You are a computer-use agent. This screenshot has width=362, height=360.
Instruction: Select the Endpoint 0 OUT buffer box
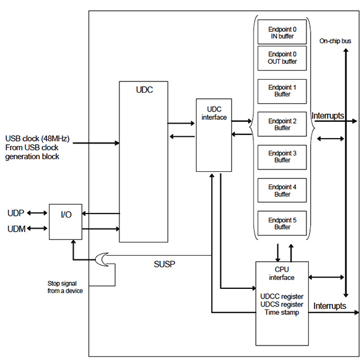pos(282,57)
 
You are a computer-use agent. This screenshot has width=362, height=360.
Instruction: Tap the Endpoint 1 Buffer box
pos(282,91)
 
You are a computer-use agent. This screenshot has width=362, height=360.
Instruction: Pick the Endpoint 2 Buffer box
pos(282,124)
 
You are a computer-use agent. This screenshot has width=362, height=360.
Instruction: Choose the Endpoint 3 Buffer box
pos(282,157)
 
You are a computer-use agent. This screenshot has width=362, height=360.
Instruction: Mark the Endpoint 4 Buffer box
pos(282,191)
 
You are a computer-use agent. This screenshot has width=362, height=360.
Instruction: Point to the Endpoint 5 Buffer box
pos(282,223)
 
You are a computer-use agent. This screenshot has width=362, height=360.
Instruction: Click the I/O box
pos(65,221)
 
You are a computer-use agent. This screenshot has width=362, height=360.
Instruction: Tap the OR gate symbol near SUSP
pos(102,259)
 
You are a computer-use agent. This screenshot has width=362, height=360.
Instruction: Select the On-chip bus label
pos(335,41)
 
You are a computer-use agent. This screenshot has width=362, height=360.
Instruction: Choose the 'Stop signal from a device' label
pos(65,287)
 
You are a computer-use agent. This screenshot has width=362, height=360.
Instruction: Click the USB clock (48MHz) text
pos(37,138)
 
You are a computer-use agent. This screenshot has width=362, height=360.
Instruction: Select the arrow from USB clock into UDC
pos(97,143)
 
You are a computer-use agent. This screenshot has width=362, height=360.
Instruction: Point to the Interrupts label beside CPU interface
pos(330,306)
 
